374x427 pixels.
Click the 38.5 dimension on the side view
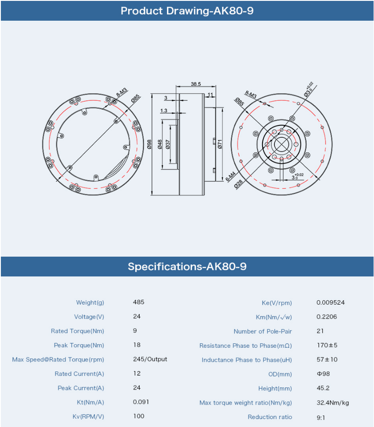pyautogui.click(x=196, y=84)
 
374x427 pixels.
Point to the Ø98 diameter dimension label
pyautogui.click(x=149, y=144)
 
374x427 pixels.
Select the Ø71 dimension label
pyautogui.click(x=220, y=144)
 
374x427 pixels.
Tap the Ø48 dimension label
pyautogui.click(x=160, y=144)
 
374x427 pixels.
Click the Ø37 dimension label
pyautogui.click(x=168, y=144)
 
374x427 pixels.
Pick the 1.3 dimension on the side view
pyautogui.click(x=163, y=110)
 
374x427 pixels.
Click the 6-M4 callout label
pyautogui.click(x=231, y=177)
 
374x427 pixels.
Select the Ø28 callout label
pyautogui.click(x=238, y=184)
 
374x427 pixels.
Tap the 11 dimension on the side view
pyautogui.click(x=210, y=95)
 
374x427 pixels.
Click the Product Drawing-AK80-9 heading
pyautogui.click(x=187, y=11)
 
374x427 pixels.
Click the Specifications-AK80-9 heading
pyautogui.click(x=187, y=266)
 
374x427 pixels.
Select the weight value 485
pyautogui.click(x=138, y=302)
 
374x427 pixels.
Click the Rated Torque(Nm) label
pyautogui.click(x=78, y=331)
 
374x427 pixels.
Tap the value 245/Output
pyautogui.click(x=150, y=360)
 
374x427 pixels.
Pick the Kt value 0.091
pyautogui.click(x=141, y=402)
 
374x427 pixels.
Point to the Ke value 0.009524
pyautogui.click(x=330, y=302)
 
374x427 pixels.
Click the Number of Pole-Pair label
pyautogui.click(x=263, y=331)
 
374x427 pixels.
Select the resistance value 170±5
pyautogui.click(x=327, y=345)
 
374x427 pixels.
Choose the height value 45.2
pyautogui.click(x=323, y=388)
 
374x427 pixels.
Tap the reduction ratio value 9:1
pyautogui.click(x=321, y=418)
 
